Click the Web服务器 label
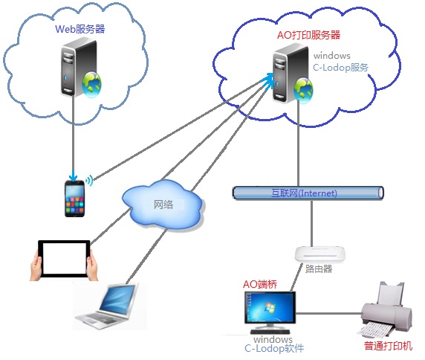(80, 29)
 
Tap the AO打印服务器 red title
(308, 35)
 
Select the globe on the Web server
(91, 84)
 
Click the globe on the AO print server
(303, 91)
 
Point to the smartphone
(74, 199)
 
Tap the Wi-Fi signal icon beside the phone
(89, 180)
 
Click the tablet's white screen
(65, 259)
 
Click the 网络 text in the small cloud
(163, 205)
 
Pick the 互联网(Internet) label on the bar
(304, 193)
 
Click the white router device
(320, 254)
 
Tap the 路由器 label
(319, 269)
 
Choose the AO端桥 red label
(260, 284)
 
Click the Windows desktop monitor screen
(270, 308)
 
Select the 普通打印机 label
(388, 346)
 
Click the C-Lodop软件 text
(274, 348)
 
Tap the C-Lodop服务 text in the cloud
(340, 67)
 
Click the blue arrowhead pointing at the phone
(73, 178)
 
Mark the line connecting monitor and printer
(329, 314)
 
